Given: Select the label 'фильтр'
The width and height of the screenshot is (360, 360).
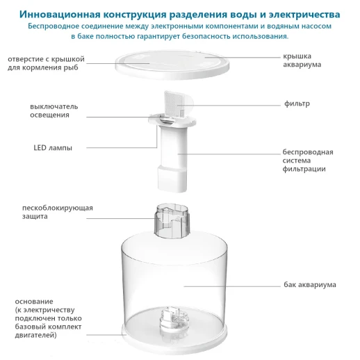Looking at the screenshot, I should pyautogui.click(x=297, y=104).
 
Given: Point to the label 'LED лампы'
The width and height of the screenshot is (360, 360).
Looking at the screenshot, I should pyautogui.click(x=53, y=147).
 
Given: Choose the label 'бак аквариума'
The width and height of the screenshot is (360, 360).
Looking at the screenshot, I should pyautogui.click(x=309, y=284).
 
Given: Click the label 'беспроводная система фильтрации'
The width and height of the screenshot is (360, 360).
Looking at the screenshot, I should pyautogui.click(x=308, y=160).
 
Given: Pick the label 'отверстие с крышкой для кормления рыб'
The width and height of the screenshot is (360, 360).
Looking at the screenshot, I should pyautogui.click(x=59, y=63).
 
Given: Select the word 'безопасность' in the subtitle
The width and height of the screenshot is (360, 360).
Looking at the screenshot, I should pyautogui.click(x=211, y=36).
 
